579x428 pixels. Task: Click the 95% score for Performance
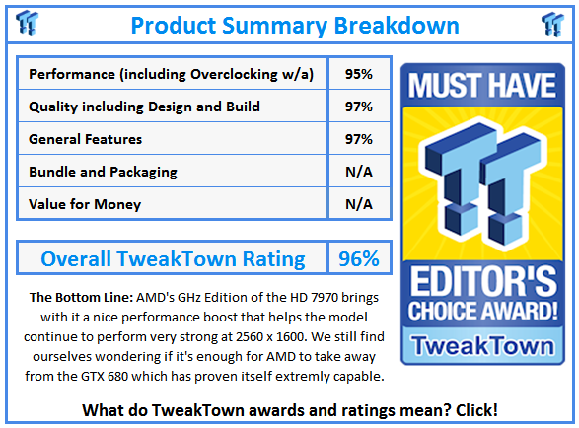click(359, 74)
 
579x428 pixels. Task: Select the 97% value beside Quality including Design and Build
click(359, 107)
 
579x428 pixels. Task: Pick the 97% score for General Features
click(359, 139)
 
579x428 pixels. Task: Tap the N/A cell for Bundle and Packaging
click(359, 172)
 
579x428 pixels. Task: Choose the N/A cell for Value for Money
click(359, 204)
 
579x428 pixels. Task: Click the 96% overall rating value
click(359, 259)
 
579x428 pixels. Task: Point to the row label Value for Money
click(85, 204)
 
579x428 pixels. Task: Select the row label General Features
click(86, 139)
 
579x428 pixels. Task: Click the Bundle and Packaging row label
click(103, 172)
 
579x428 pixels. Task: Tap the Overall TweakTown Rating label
click(173, 259)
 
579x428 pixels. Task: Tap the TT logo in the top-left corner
click(29, 24)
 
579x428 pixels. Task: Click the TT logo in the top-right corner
click(552, 24)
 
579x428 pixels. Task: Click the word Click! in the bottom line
click(471, 409)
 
